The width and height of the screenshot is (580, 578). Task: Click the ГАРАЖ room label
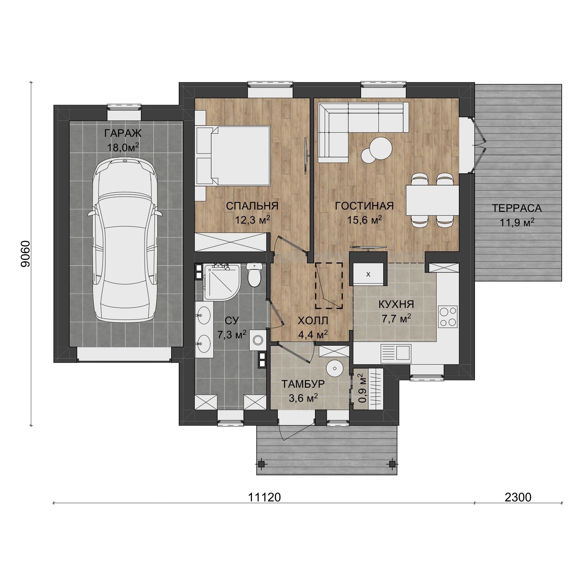point(123,133)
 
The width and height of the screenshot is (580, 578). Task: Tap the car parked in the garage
point(125,240)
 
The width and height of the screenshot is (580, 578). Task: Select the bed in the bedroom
point(233,155)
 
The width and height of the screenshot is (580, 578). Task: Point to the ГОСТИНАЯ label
point(364,206)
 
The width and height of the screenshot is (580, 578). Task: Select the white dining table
point(432,200)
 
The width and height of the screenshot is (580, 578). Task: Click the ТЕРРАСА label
point(517,208)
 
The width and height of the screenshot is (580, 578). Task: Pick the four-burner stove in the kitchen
point(448,317)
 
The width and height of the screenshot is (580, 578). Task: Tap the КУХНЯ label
point(396,304)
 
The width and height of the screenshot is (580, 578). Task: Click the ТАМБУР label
point(303,384)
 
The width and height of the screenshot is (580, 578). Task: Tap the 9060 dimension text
point(25,254)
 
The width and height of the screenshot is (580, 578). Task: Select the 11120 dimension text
point(264,497)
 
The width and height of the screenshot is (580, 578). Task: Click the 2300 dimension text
point(518,497)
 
